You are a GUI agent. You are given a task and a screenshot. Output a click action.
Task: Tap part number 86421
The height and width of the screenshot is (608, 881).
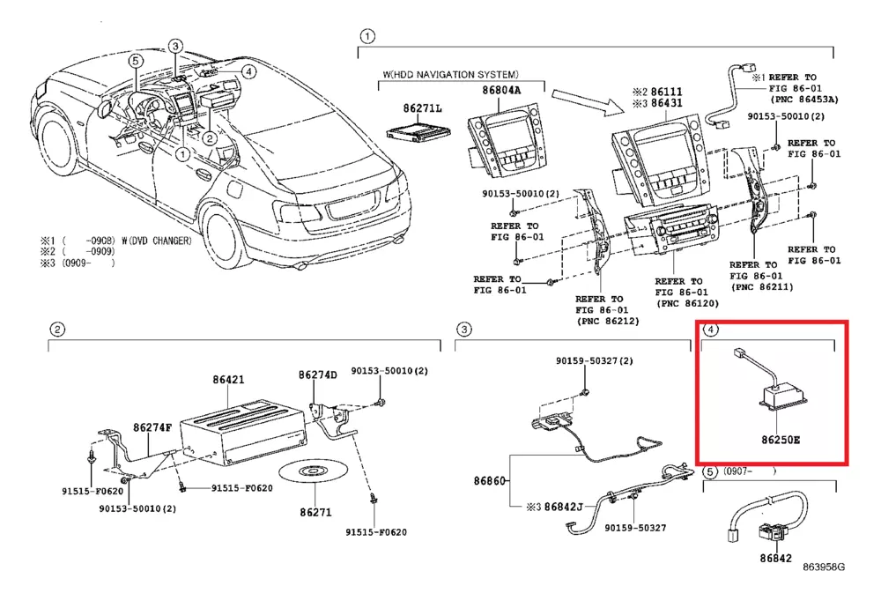[227, 381]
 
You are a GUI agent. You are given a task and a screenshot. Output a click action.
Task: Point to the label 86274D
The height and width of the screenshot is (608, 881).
[317, 374]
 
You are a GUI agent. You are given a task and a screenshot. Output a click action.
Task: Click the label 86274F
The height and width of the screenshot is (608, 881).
[153, 427]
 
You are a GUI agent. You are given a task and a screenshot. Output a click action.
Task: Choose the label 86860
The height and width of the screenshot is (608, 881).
[489, 482]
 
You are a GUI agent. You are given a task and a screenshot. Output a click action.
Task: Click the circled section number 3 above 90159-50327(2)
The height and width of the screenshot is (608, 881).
[464, 330]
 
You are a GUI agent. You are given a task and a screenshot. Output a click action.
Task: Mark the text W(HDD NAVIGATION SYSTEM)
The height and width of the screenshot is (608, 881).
[450, 75]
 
